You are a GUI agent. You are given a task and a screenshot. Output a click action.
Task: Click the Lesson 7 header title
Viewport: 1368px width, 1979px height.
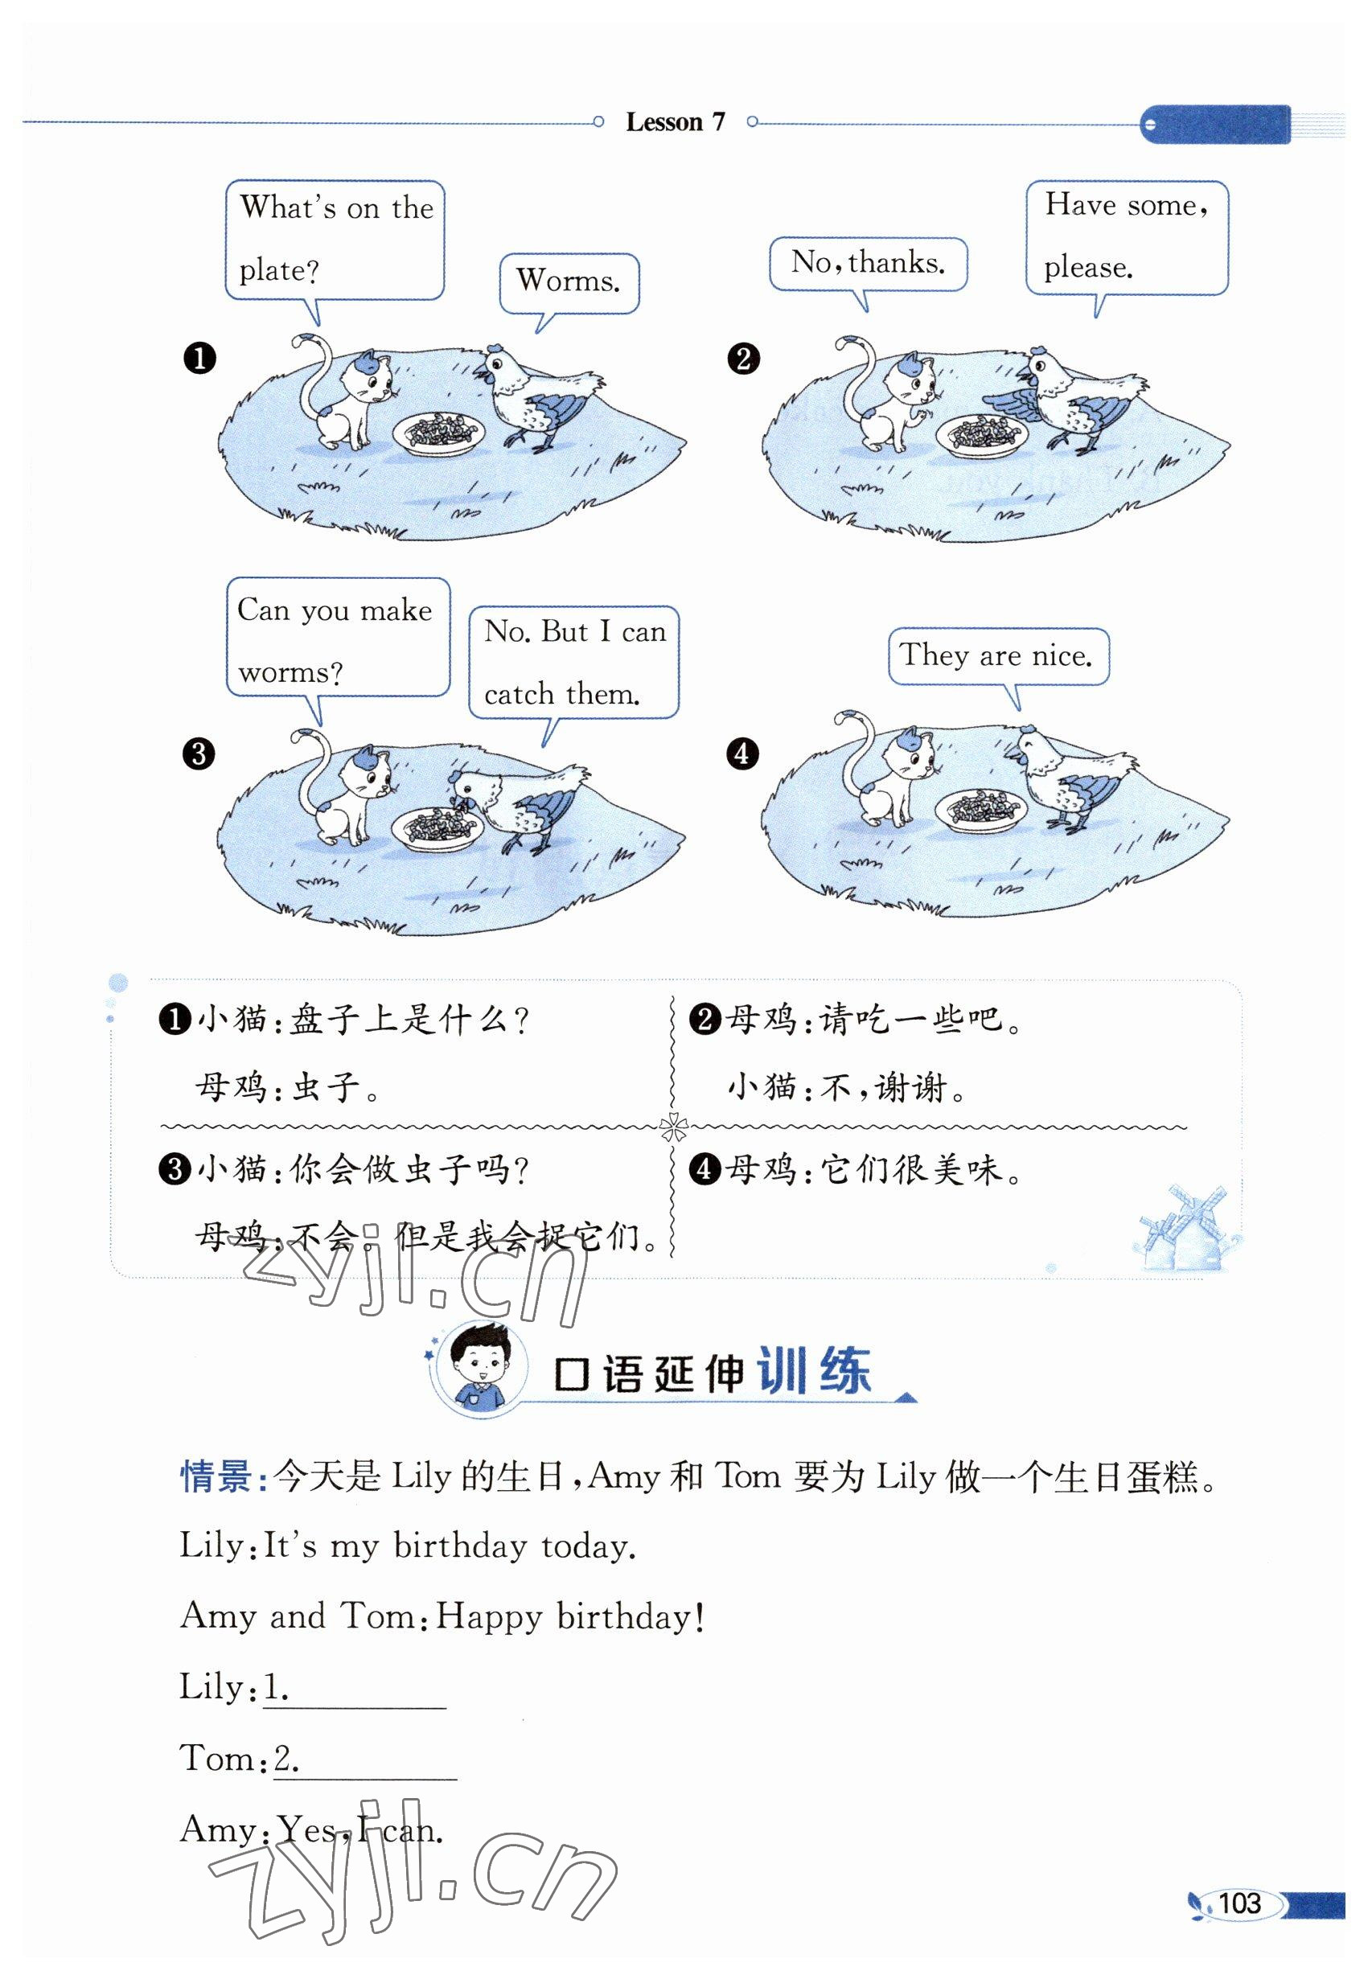tap(676, 122)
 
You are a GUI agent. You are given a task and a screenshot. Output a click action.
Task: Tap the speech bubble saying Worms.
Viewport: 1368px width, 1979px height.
tap(569, 284)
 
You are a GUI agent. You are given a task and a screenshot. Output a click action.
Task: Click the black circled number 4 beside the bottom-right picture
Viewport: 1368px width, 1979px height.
tap(742, 754)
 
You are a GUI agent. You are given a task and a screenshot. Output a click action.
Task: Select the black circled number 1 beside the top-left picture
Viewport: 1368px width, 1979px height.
tap(199, 359)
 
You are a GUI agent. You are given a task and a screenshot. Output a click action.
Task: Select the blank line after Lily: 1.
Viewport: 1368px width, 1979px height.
tap(354, 1708)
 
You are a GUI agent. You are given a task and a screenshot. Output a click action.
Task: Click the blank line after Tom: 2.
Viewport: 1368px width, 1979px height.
tap(365, 1780)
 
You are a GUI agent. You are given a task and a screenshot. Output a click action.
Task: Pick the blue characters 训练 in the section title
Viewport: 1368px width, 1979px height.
tap(815, 1371)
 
